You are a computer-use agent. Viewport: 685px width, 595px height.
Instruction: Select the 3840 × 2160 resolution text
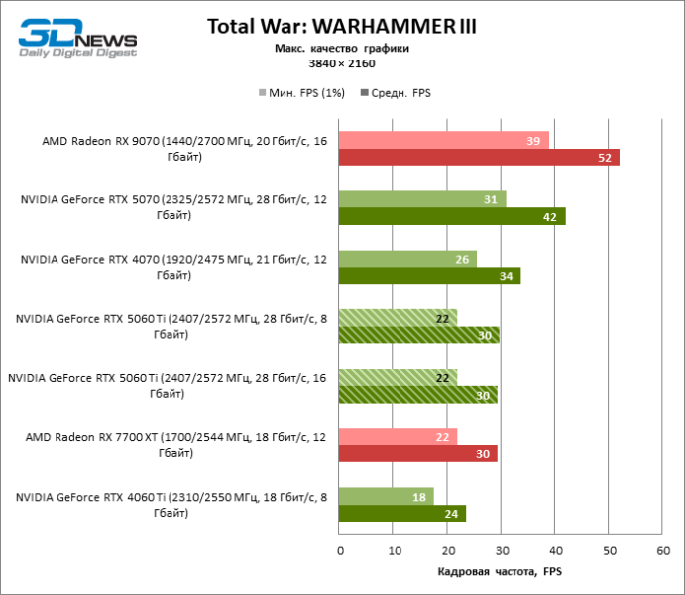(342, 63)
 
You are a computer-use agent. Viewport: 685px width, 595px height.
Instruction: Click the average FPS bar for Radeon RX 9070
(479, 157)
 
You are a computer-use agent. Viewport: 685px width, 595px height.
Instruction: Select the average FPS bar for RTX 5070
(452, 216)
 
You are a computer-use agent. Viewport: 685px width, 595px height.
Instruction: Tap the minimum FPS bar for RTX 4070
(407, 259)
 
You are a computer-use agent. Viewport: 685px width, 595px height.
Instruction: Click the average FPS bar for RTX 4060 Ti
(402, 513)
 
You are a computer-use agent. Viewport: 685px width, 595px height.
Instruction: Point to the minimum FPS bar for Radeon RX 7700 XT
(398, 437)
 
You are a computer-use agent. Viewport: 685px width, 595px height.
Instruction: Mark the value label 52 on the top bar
(604, 157)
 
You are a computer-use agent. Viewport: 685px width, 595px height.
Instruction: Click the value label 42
(550, 216)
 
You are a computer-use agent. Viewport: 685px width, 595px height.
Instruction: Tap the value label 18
(419, 497)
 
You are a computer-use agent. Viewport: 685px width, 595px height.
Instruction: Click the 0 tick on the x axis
(339, 550)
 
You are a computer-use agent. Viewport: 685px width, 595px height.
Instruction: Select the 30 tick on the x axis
(501, 550)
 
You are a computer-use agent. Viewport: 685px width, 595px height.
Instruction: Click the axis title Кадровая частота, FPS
(500, 572)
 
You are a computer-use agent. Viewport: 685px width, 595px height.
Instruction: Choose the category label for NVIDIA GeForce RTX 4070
(172, 267)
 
